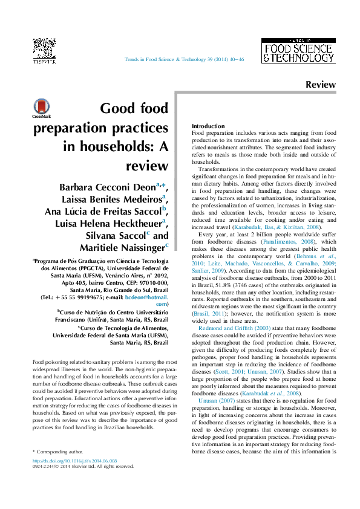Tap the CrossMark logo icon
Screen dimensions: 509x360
coord(42,107)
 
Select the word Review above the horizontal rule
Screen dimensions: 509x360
coord(320,85)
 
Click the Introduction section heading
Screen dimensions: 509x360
coord(208,126)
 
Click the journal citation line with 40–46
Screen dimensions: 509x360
coord(184,60)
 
